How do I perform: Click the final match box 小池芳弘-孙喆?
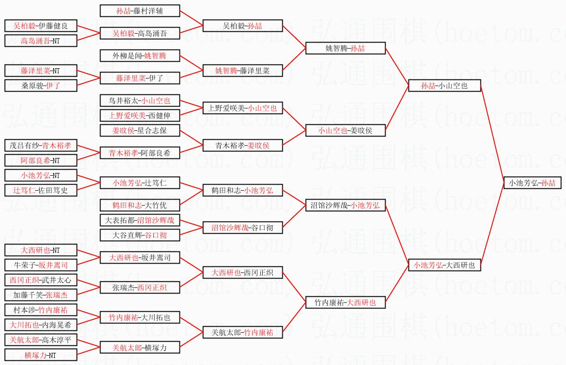pyautogui.click(x=532, y=183)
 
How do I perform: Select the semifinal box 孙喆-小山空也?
pyautogui.click(x=444, y=86)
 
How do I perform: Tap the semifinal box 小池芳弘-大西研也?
pyautogui.click(x=444, y=265)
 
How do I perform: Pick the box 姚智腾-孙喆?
pyautogui.click(x=345, y=48)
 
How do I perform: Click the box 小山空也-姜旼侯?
pyautogui.click(x=345, y=130)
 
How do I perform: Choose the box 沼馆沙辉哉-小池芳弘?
pyautogui.click(x=345, y=205)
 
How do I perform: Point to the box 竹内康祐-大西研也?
pyautogui.click(x=345, y=302)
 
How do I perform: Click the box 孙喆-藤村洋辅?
pyautogui.click(x=140, y=11)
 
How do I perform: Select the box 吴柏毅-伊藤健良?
pyautogui.click(x=41, y=26)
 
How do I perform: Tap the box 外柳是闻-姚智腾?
pyautogui.click(x=140, y=56)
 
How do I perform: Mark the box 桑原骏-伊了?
pyautogui.click(x=41, y=86)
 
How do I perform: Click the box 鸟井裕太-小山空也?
pyautogui.click(x=140, y=100)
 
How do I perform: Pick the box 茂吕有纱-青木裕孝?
pyautogui.click(x=41, y=145)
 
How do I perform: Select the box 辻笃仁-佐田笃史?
pyautogui.click(x=41, y=190)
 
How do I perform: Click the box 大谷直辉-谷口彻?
pyautogui.click(x=140, y=235)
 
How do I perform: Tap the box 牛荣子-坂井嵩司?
pyautogui.click(x=41, y=265)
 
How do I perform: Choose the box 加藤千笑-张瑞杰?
pyautogui.click(x=41, y=295)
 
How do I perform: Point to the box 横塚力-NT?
pyautogui.click(x=41, y=355)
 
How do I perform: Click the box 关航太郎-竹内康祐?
pyautogui.click(x=242, y=332)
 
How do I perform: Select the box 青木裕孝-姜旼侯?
pyautogui.click(x=242, y=145)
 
